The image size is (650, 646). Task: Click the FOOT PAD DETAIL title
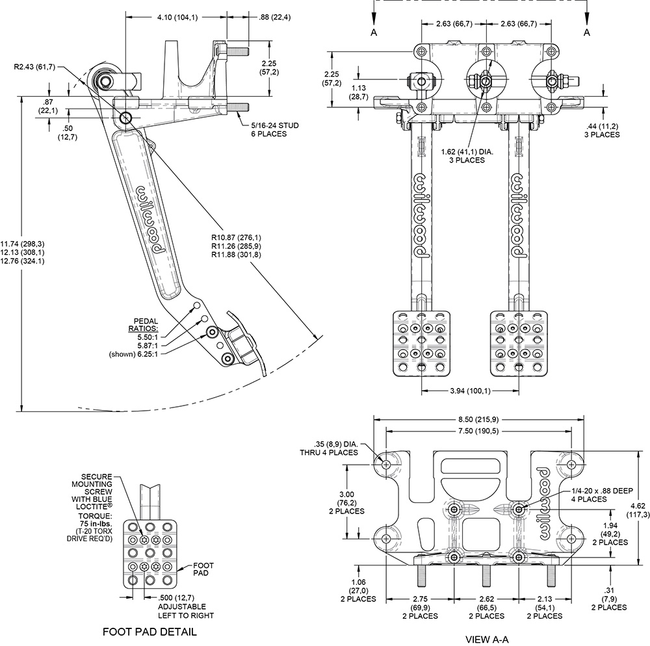click(x=149, y=632)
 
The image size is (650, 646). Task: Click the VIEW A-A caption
click(x=487, y=640)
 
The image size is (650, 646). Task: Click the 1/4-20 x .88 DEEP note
click(x=603, y=491)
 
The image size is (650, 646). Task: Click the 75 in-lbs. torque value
click(x=96, y=524)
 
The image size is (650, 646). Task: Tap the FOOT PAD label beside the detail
click(x=203, y=569)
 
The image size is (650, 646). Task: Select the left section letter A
click(x=374, y=32)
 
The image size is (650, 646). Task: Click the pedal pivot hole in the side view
click(x=125, y=118)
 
